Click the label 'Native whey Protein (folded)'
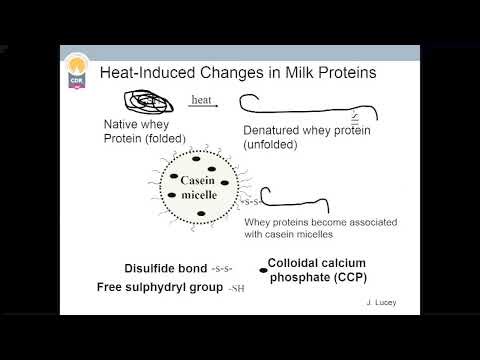[142, 131]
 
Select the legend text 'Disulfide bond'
[166, 269]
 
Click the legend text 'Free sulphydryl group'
[159, 287]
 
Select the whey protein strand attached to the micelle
[300, 195]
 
